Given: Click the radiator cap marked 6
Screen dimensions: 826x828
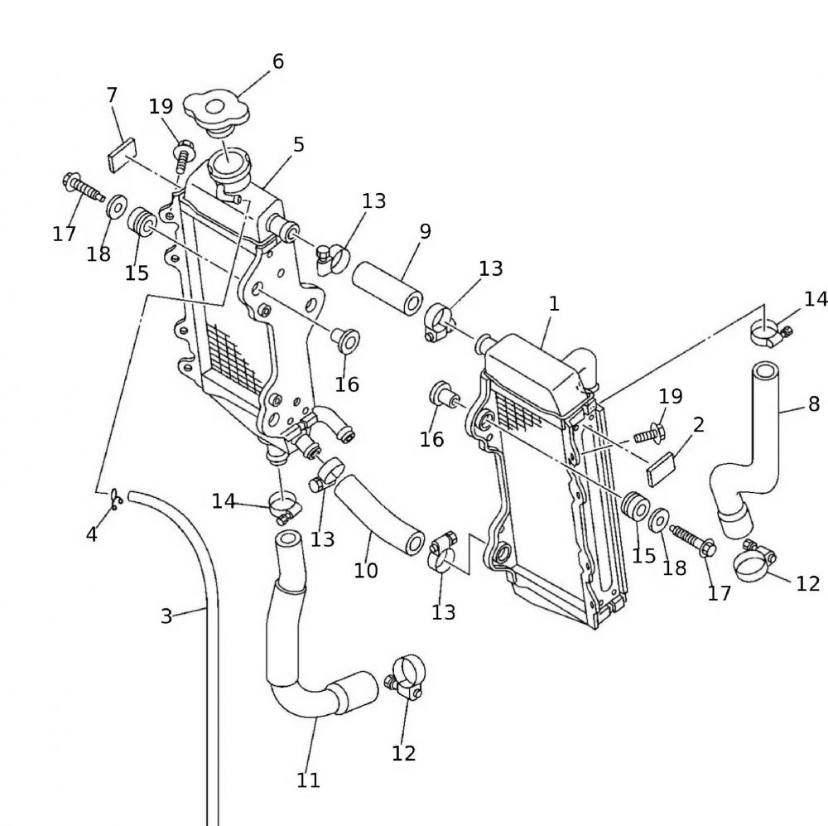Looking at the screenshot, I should pos(213,110).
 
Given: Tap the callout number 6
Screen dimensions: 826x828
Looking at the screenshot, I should pos(277,61).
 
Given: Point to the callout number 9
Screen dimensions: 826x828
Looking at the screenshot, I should pos(425,231).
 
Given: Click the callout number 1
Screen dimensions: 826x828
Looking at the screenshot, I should pos(554,303).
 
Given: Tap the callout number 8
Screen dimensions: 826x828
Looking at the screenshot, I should pos(814,403).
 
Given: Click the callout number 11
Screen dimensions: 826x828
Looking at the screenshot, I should pos(308,780).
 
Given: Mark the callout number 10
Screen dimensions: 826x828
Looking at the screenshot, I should pos(366,570).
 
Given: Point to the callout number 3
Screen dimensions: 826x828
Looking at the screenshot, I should pos(166,616).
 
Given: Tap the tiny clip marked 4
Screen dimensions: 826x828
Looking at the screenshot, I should pos(117,497).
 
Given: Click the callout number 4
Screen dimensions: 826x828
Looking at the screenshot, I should pos(92,534).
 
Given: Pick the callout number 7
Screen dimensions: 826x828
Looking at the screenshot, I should pos(113,95).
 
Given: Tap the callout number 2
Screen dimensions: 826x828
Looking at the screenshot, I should pos(699,425).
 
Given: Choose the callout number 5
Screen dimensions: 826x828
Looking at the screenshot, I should pos(299,144).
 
